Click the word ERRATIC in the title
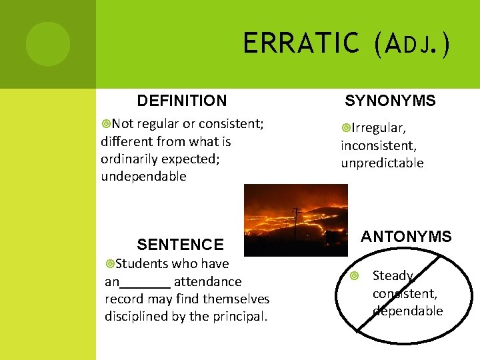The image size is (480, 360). pyautogui.click(x=301, y=44)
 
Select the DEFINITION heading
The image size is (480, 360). pyautogui.click(x=181, y=101)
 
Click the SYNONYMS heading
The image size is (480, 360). pyautogui.click(x=390, y=101)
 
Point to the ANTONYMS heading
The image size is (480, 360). pyautogui.click(x=406, y=237)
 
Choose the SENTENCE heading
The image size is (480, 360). pyautogui.click(x=180, y=245)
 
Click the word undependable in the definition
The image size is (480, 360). pyautogui.click(x=143, y=177)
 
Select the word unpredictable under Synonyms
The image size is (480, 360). pyautogui.click(x=382, y=163)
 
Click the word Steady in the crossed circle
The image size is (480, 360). pyautogui.click(x=393, y=275)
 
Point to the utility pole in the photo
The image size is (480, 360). pyautogui.click(x=297, y=223)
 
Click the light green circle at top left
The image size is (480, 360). pyautogui.click(x=47, y=43)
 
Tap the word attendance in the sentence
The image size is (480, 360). pyautogui.click(x=207, y=281)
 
